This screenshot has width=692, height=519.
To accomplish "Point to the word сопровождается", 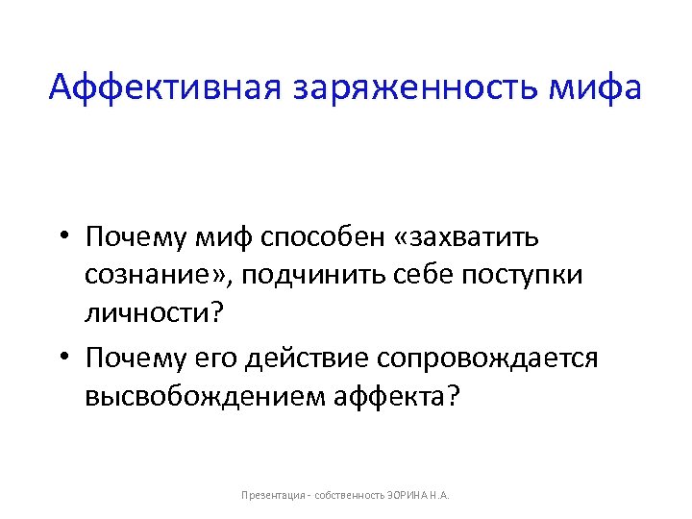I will pyautogui.click(x=489, y=358).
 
